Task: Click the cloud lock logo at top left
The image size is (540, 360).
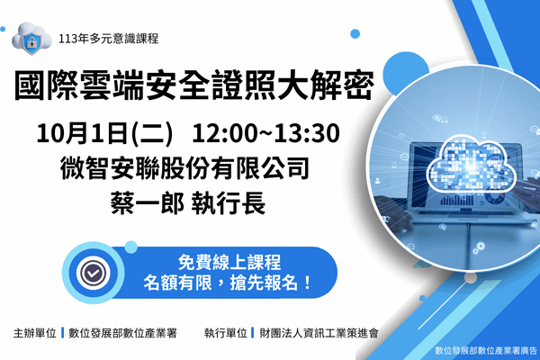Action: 30,38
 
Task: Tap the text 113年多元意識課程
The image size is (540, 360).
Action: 107,39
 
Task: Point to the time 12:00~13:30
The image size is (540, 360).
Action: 265,134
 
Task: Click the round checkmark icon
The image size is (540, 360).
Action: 91,271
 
